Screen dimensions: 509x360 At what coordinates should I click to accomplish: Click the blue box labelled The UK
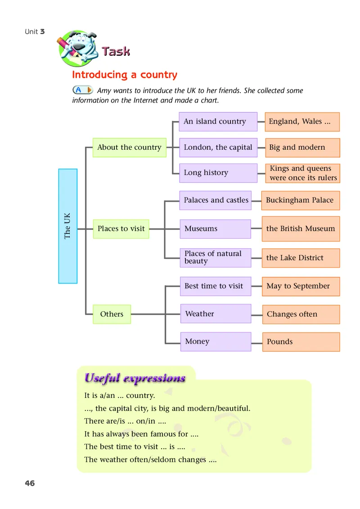(68, 226)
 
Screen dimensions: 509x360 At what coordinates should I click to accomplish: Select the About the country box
(129, 147)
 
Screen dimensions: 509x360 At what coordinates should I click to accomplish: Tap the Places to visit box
(121, 229)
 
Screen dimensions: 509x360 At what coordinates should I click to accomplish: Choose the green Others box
(112, 314)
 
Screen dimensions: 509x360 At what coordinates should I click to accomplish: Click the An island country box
(218, 121)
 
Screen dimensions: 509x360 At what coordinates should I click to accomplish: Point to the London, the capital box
(218, 147)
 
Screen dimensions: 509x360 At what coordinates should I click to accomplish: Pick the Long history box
(218, 173)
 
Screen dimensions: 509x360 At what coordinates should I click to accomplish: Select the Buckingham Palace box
(300, 201)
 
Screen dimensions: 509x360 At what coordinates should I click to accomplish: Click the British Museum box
(301, 229)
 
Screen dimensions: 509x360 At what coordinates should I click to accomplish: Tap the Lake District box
(301, 258)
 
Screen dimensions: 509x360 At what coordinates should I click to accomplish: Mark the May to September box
(301, 286)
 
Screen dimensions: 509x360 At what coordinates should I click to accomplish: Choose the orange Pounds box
(301, 342)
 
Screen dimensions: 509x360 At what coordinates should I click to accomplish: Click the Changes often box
(301, 314)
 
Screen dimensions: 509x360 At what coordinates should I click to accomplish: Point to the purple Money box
(215, 342)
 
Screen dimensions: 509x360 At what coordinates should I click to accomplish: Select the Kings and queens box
(302, 173)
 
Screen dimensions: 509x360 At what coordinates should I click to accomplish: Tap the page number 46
(30, 483)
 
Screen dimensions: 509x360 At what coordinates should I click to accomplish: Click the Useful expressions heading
(135, 378)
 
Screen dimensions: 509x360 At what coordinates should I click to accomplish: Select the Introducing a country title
(125, 75)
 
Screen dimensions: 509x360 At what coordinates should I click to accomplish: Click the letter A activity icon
(82, 90)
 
